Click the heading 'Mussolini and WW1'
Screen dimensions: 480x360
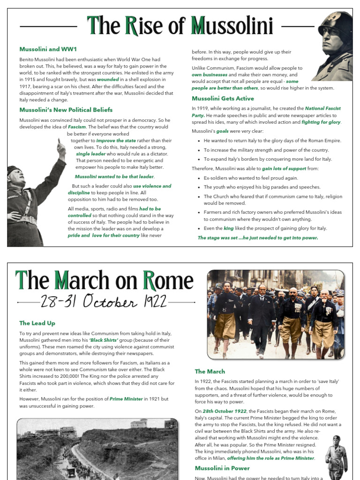pyautogui.click(x=48, y=49)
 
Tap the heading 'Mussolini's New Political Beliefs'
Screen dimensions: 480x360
pyautogui.click(x=66, y=110)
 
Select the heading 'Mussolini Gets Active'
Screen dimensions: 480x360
pyautogui.click(x=223, y=98)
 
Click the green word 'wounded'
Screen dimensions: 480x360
pyautogui.click(x=108, y=80)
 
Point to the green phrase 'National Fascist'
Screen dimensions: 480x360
pyautogui.click(x=323, y=108)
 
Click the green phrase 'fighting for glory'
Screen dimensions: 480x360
pyautogui.click(x=321, y=122)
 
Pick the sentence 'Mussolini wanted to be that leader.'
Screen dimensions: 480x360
pyautogui.click(x=114, y=177)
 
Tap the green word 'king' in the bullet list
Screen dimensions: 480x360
pyautogui.click(x=228, y=228)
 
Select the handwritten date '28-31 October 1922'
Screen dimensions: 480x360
pyautogui.click(x=103, y=302)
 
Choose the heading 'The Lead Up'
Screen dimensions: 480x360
pyautogui.click(x=37, y=323)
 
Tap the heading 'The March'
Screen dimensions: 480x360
pyautogui.click(x=210, y=371)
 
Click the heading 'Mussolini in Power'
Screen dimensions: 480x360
pyautogui.click(x=222, y=468)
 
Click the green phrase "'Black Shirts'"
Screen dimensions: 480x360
pyautogui.click(x=104, y=340)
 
